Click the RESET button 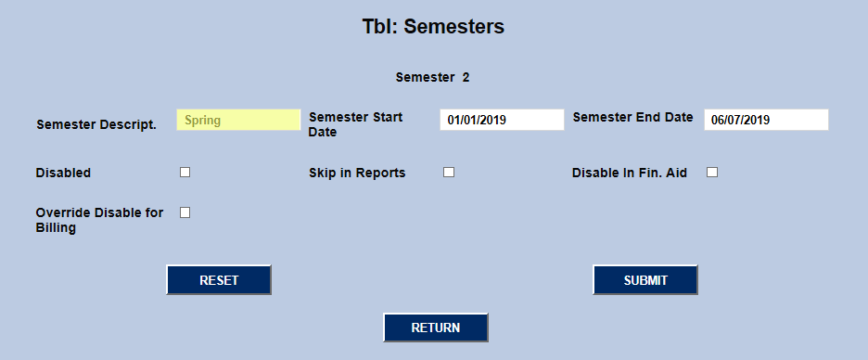coord(219,280)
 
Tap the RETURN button coord(436,328)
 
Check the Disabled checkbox coord(185,173)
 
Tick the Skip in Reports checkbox coord(449,173)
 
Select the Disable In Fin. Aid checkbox coord(712,173)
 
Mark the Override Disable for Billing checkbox coord(185,212)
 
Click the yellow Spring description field coord(238,120)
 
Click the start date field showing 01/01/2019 coord(502,120)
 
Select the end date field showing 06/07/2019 coord(765,120)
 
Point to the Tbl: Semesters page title coord(433,27)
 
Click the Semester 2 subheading coord(432,77)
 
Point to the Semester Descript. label coord(96,123)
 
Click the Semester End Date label coord(632,117)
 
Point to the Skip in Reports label coord(357,173)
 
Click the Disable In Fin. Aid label coord(630,173)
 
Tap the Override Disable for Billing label coord(99,220)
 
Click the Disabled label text coord(63,173)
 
